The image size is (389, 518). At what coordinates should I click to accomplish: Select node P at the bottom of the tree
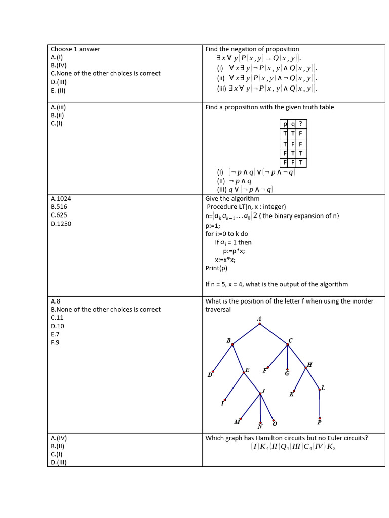pyautogui.click(x=319, y=418)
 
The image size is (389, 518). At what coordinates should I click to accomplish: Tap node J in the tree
pyautogui.click(x=261, y=393)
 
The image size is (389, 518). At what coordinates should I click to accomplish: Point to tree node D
pyautogui.click(x=213, y=372)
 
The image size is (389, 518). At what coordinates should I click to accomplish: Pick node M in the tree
pyautogui.click(x=240, y=419)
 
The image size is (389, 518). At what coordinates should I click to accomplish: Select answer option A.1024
pyautogui.click(x=61, y=199)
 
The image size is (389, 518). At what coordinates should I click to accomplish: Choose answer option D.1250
pyautogui.click(x=61, y=224)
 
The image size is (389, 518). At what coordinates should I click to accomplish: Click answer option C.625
pyautogui.click(x=59, y=215)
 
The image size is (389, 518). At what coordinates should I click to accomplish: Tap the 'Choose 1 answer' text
pyautogui.click(x=75, y=49)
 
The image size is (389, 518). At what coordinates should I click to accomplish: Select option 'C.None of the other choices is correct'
pyautogui.click(x=105, y=73)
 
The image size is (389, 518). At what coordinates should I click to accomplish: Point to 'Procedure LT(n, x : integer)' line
pyautogui.click(x=246, y=207)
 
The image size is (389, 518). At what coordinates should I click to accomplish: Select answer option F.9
pyautogui.click(x=56, y=342)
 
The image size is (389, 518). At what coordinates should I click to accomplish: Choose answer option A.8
pyautogui.click(x=56, y=301)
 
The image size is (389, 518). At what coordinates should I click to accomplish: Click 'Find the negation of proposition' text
pyautogui.click(x=252, y=49)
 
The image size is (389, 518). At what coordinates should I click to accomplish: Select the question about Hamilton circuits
pyautogui.click(x=286, y=438)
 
